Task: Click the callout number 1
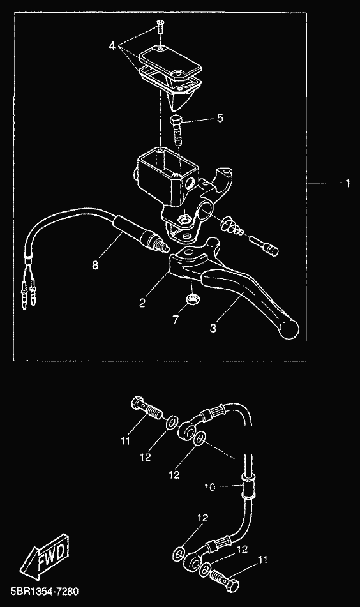point(347,183)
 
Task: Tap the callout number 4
point(112,46)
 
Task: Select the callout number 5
point(220,118)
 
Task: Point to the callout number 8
point(95,265)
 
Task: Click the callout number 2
point(142,303)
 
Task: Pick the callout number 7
point(176,320)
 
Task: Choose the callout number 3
point(213,328)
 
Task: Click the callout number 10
point(209,487)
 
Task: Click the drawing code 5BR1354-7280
point(41,592)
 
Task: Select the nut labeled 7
point(190,299)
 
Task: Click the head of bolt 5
point(176,119)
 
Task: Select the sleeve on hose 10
point(248,486)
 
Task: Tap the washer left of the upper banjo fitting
point(172,423)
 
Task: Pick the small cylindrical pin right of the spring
point(264,245)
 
